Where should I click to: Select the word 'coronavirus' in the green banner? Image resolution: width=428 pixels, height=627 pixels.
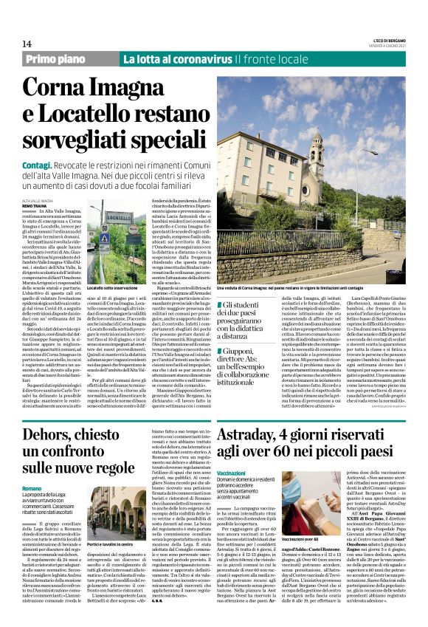(x=204, y=59)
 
